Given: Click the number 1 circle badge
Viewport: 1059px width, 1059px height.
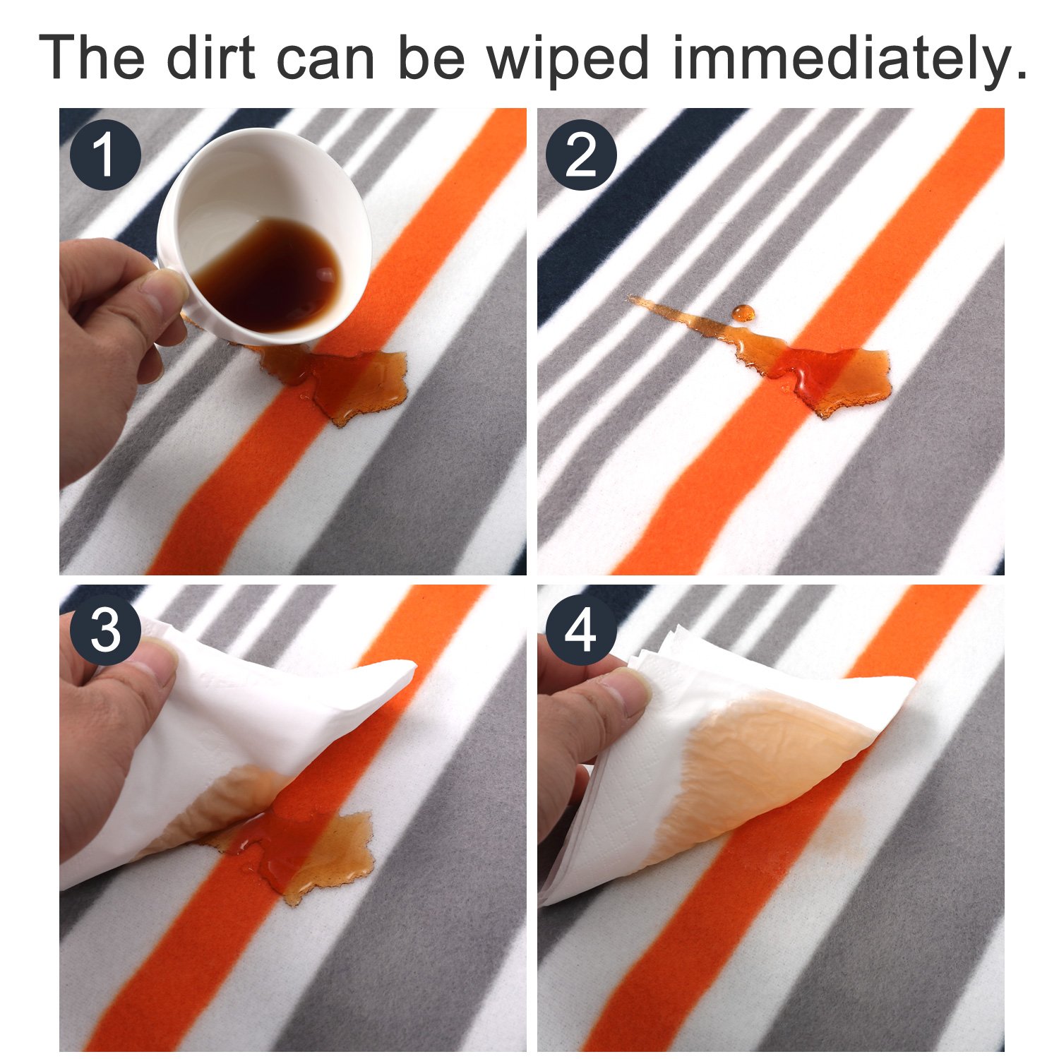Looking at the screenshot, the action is (106, 155).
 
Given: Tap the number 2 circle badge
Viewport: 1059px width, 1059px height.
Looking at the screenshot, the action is (582, 155).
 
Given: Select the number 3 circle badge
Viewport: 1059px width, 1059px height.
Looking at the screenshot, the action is (106, 630).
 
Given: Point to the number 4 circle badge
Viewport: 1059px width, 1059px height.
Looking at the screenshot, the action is (582, 630).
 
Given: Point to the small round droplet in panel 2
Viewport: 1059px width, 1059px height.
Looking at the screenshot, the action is (743, 313).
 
